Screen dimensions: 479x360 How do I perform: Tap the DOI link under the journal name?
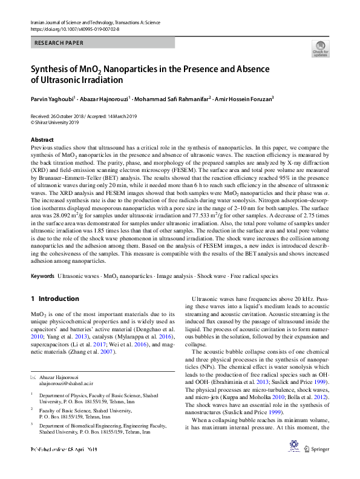74,28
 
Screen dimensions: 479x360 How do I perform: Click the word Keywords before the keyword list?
42,276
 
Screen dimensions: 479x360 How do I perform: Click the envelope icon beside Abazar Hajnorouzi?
33,376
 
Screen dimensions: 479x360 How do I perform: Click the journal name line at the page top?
95,22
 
